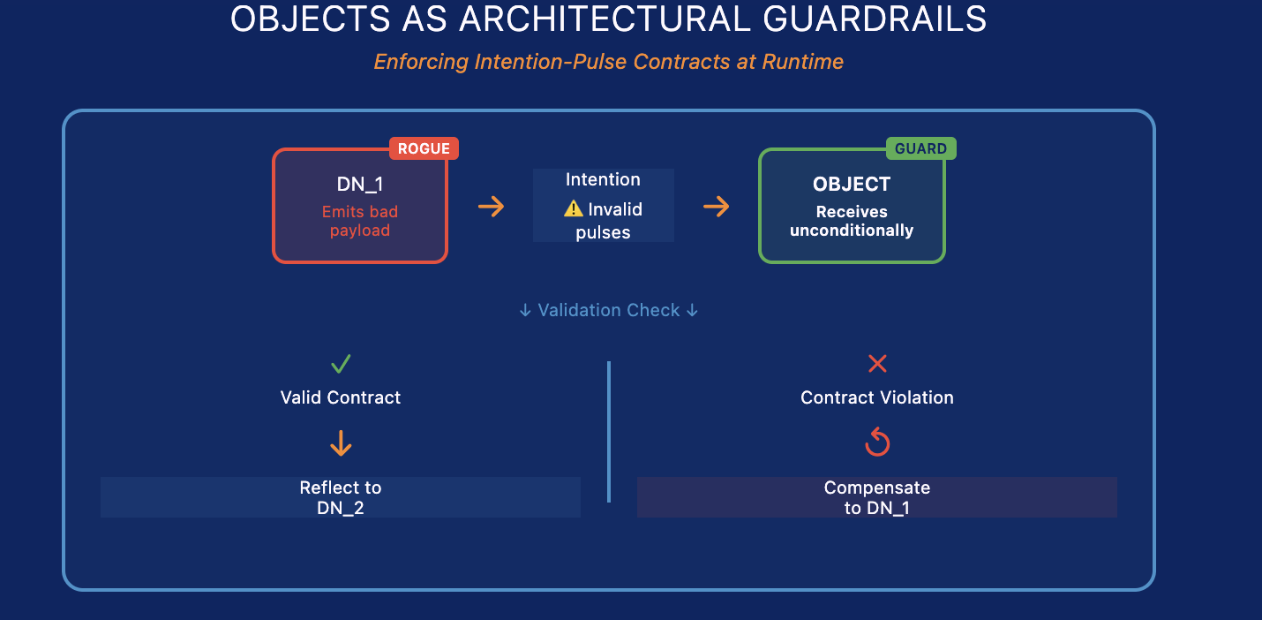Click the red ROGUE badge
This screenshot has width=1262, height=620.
pos(424,148)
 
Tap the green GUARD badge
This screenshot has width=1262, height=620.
pos(920,148)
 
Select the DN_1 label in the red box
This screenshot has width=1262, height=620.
pos(359,185)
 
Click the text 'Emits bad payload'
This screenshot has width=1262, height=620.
pos(359,221)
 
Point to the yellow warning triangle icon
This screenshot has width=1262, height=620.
pos(574,209)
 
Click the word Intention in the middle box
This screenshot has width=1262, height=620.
pos(603,179)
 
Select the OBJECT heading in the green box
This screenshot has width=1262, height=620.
pos(852,185)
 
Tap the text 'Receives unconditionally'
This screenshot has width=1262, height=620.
pos(852,221)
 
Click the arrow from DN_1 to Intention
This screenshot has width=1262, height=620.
pos(491,207)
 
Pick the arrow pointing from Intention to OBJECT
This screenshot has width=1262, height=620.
pos(716,207)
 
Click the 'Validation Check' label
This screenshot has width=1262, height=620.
pos(609,310)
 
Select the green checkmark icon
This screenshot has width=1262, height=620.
pos(341,363)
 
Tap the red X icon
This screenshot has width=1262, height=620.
pos(877,363)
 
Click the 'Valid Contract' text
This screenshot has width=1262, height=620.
pos(341,397)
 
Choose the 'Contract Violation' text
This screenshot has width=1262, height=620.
pos(877,397)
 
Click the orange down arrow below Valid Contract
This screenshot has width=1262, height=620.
pos(341,443)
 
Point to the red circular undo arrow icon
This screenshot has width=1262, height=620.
pos(877,442)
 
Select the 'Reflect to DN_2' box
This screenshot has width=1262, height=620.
pos(341,497)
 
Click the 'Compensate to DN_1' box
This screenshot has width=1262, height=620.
pos(877,497)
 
